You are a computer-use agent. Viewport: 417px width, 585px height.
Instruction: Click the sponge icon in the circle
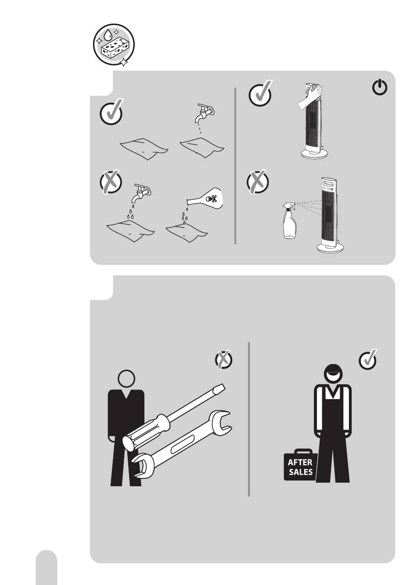tap(114, 46)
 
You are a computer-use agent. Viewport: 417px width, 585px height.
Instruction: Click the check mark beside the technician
tap(368, 360)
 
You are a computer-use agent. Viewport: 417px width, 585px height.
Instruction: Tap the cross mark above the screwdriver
tap(223, 360)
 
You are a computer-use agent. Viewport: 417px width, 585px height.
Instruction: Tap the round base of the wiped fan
tap(314, 153)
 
